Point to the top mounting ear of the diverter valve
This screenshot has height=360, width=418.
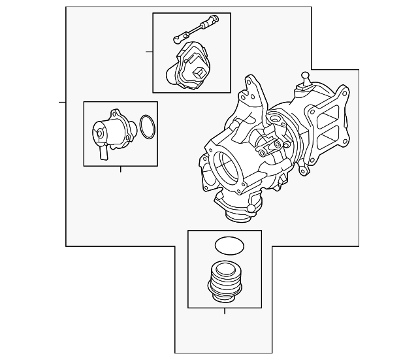tap(115, 114)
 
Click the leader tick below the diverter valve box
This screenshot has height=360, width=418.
tap(121, 170)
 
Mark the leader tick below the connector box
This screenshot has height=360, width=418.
tap(224, 312)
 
